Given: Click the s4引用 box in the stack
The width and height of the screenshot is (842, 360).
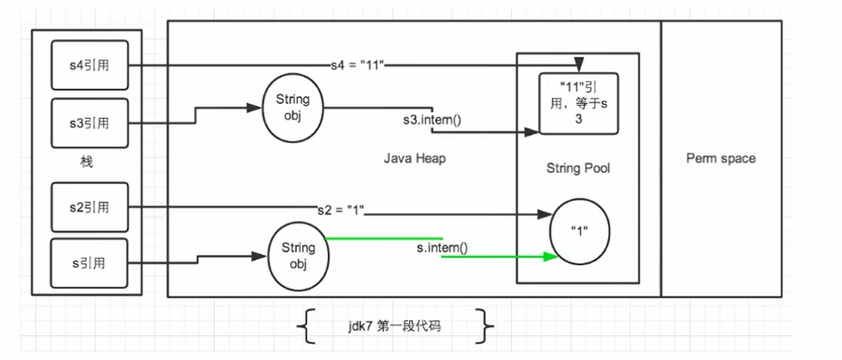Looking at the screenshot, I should pos(89,64).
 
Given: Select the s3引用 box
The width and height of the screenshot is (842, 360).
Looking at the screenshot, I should pos(89,121).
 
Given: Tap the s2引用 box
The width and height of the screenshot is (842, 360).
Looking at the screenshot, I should pos(89,206).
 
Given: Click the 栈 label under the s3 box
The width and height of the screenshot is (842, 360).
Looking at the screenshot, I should pos(87,162).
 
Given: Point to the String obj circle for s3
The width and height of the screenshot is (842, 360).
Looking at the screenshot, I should pos(292,107).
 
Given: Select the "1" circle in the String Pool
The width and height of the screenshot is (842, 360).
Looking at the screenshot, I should pos(579,230).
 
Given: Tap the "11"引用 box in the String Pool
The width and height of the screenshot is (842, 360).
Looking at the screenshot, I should pos(579,100).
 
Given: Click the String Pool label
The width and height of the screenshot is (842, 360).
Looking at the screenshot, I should pos(578,168).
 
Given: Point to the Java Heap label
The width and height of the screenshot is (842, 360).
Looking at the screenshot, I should pos(414,158).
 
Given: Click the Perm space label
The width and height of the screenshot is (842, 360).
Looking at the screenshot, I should pos(721,158).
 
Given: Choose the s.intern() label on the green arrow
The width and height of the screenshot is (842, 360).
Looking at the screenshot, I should pos(442,247).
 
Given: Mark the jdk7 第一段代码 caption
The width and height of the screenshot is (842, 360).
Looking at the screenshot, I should pos(393,326).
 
